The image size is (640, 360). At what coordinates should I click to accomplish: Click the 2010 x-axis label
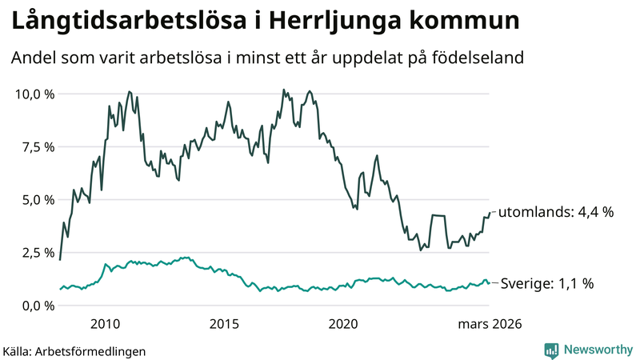click(106, 324)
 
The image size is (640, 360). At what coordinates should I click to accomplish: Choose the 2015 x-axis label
click(225, 324)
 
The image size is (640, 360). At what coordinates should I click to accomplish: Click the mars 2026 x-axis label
click(489, 324)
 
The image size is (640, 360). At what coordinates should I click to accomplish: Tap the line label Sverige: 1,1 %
click(546, 283)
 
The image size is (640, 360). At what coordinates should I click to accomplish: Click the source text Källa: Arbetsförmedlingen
click(74, 350)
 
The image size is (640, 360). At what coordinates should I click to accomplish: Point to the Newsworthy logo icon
click(551, 350)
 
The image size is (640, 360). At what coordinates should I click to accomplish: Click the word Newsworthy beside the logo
click(598, 350)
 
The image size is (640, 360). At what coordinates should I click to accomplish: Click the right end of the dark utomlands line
click(490, 213)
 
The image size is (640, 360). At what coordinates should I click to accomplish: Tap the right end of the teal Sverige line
click(490, 283)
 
